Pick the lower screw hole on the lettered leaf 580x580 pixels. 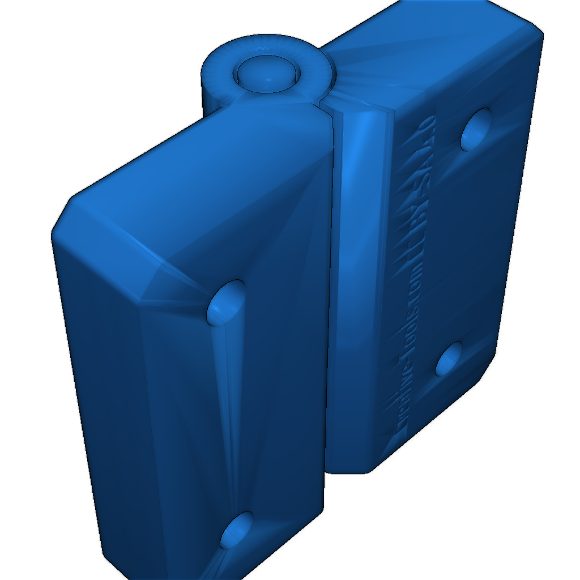coord(449,360)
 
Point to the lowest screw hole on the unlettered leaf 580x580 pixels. coord(236,531)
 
